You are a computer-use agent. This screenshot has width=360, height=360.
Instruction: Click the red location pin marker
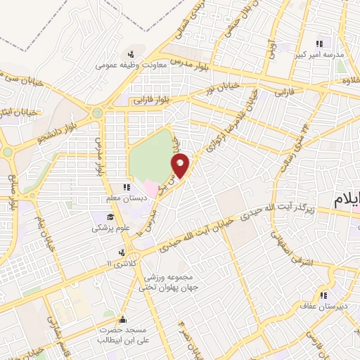coord(181,165)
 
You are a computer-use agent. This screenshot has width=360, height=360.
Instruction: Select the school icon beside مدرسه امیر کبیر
coord(320,44)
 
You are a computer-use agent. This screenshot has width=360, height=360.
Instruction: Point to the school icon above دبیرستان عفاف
coord(323,296)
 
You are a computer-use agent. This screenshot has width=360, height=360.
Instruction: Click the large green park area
coord(149,156)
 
